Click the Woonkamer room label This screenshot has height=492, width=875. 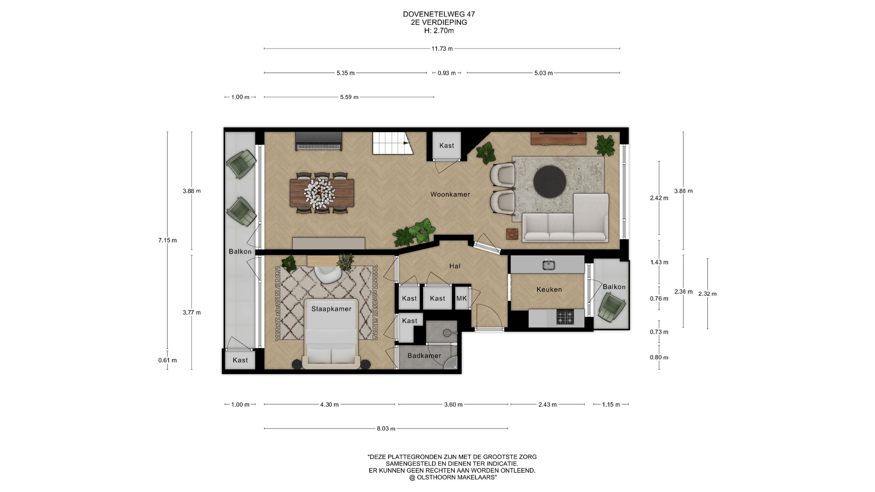tap(450, 195)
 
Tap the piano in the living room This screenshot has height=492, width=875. tap(319, 141)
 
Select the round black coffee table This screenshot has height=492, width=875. tap(550, 181)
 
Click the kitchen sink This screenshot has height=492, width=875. tap(548, 265)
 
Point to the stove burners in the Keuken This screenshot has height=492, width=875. tap(565, 317)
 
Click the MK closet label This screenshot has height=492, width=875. tap(462, 298)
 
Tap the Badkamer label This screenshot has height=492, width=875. tap(424, 356)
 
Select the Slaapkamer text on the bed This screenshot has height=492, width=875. tap(331, 309)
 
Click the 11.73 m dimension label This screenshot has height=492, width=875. tap(442, 49)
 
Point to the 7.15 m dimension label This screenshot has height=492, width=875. tap(168, 240)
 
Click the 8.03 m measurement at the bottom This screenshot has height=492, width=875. tap(386, 429)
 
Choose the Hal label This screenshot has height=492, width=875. tap(455, 266)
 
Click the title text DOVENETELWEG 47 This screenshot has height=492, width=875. tap(439, 15)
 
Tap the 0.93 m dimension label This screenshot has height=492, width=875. tap(447, 73)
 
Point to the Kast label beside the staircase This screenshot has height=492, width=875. tap(447, 146)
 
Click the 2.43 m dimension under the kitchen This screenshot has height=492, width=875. tap(548, 405)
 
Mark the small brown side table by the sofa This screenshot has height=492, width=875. tap(513, 234)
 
